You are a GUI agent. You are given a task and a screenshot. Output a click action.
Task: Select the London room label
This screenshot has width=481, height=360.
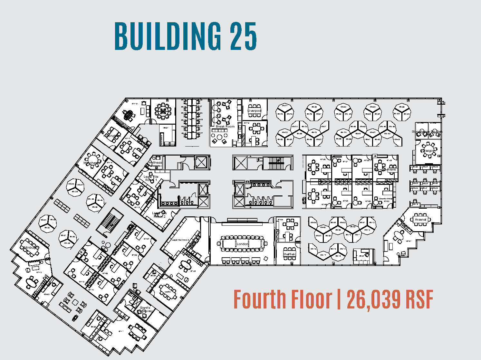[243, 244]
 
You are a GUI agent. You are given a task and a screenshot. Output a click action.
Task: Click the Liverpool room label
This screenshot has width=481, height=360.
[254, 110]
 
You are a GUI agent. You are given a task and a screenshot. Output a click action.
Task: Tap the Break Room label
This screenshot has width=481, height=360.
[225, 127]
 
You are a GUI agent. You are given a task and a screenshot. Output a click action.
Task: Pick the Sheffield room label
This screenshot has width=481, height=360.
[289, 254]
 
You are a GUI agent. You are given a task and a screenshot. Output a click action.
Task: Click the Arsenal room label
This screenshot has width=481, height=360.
[420, 219]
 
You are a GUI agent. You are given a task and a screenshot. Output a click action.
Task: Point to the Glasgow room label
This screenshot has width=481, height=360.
[428, 151]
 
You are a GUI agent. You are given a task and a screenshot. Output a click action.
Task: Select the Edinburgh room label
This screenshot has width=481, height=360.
[30, 247]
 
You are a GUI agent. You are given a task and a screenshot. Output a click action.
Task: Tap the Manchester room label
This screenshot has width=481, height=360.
[92, 163]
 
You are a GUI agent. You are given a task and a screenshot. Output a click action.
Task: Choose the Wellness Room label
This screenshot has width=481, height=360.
[155, 164]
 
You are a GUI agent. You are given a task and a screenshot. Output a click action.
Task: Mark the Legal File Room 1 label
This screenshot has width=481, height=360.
[151, 178]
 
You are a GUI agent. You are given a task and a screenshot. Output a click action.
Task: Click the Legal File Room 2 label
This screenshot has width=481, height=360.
[159, 215]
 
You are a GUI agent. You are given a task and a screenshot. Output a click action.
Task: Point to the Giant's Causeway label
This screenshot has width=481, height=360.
[145, 309]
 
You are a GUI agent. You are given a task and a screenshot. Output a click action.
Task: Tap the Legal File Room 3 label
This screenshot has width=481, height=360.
[180, 240]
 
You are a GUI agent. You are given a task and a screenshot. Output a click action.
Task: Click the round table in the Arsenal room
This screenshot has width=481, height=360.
[420, 219]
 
